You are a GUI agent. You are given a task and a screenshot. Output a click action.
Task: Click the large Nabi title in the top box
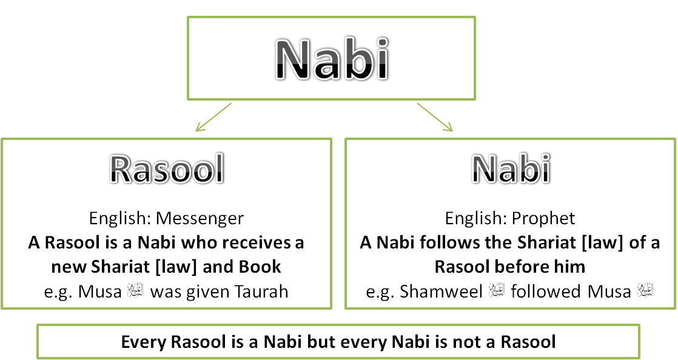click(x=331, y=59)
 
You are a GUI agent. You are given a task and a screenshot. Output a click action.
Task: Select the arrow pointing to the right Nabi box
click(x=435, y=117)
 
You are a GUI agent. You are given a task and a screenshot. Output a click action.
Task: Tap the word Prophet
click(x=543, y=218)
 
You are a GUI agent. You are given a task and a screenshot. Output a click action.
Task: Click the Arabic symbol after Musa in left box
click(x=135, y=292)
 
